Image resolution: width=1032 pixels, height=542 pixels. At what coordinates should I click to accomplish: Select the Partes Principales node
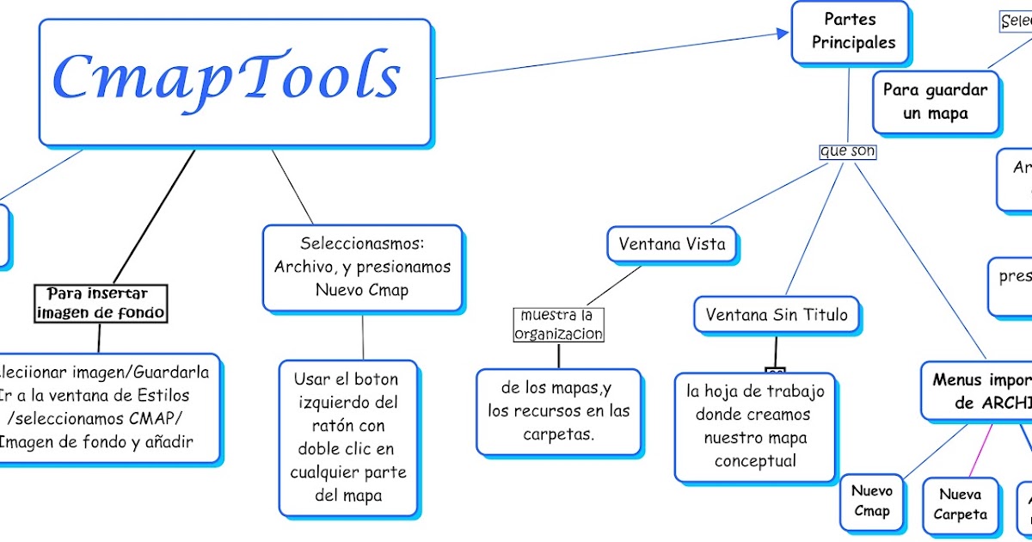click(x=849, y=32)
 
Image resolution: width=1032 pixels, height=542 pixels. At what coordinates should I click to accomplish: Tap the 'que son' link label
click(x=848, y=151)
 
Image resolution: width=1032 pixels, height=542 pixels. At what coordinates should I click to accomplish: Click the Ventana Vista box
click(x=672, y=244)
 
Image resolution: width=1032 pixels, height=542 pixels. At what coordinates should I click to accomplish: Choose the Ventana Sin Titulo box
click(x=776, y=315)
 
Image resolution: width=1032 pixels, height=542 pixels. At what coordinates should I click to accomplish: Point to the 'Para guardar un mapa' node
click(x=936, y=102)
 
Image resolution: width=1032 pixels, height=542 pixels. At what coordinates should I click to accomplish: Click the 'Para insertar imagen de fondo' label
click(x=101, y=304)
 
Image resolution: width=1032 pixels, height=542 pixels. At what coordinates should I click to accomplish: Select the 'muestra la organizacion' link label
click(x=559, y=324)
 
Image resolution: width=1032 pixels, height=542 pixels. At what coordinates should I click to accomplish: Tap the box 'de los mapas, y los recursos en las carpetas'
click(x=558, y=410)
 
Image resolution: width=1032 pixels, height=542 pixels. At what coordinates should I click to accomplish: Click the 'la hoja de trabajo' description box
click(x=754, y=426)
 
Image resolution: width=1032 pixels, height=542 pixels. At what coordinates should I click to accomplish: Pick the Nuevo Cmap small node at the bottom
click(x=871, y=501)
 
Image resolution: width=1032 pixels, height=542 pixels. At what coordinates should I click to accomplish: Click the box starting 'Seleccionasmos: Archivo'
click(x=362, y=267)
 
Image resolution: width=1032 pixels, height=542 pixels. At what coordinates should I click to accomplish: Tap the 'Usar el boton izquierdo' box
click(x=347, y=437)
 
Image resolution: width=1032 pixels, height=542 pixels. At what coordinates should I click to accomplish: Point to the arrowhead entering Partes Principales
click(x=783, y=34)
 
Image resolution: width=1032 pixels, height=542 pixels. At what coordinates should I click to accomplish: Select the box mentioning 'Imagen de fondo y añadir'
click(x=107, y=407)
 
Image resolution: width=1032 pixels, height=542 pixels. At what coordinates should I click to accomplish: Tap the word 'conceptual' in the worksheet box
click(x=755, y=461)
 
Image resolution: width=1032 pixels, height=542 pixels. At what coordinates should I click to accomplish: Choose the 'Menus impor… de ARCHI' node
click(x=980, y=391)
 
